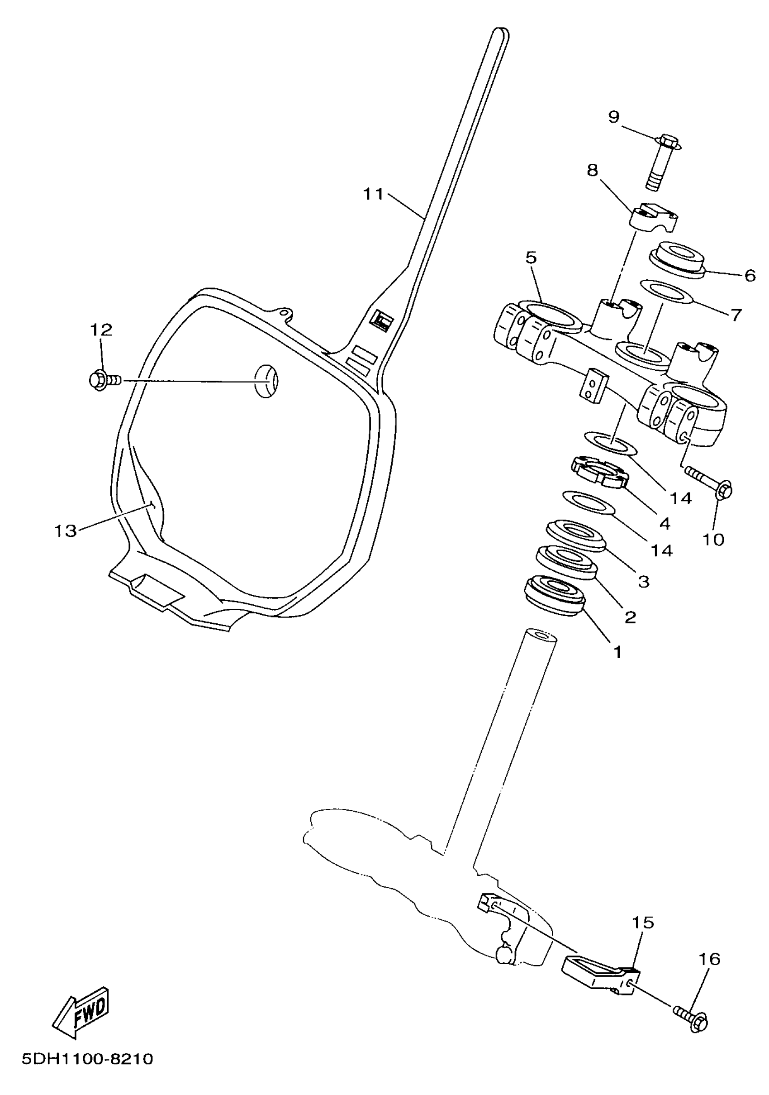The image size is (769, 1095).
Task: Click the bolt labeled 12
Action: click(104, 381)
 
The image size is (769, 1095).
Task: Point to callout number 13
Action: click(65, 531)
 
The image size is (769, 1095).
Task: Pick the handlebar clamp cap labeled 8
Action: click(653, 217)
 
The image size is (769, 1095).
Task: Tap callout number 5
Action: click(531, 258)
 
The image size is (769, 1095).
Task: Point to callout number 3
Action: click(644, 581)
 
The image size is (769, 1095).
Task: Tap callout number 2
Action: click(630, 617)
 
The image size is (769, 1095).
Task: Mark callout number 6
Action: click(750, 275)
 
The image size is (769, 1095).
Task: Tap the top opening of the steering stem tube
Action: click(541, 635)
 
